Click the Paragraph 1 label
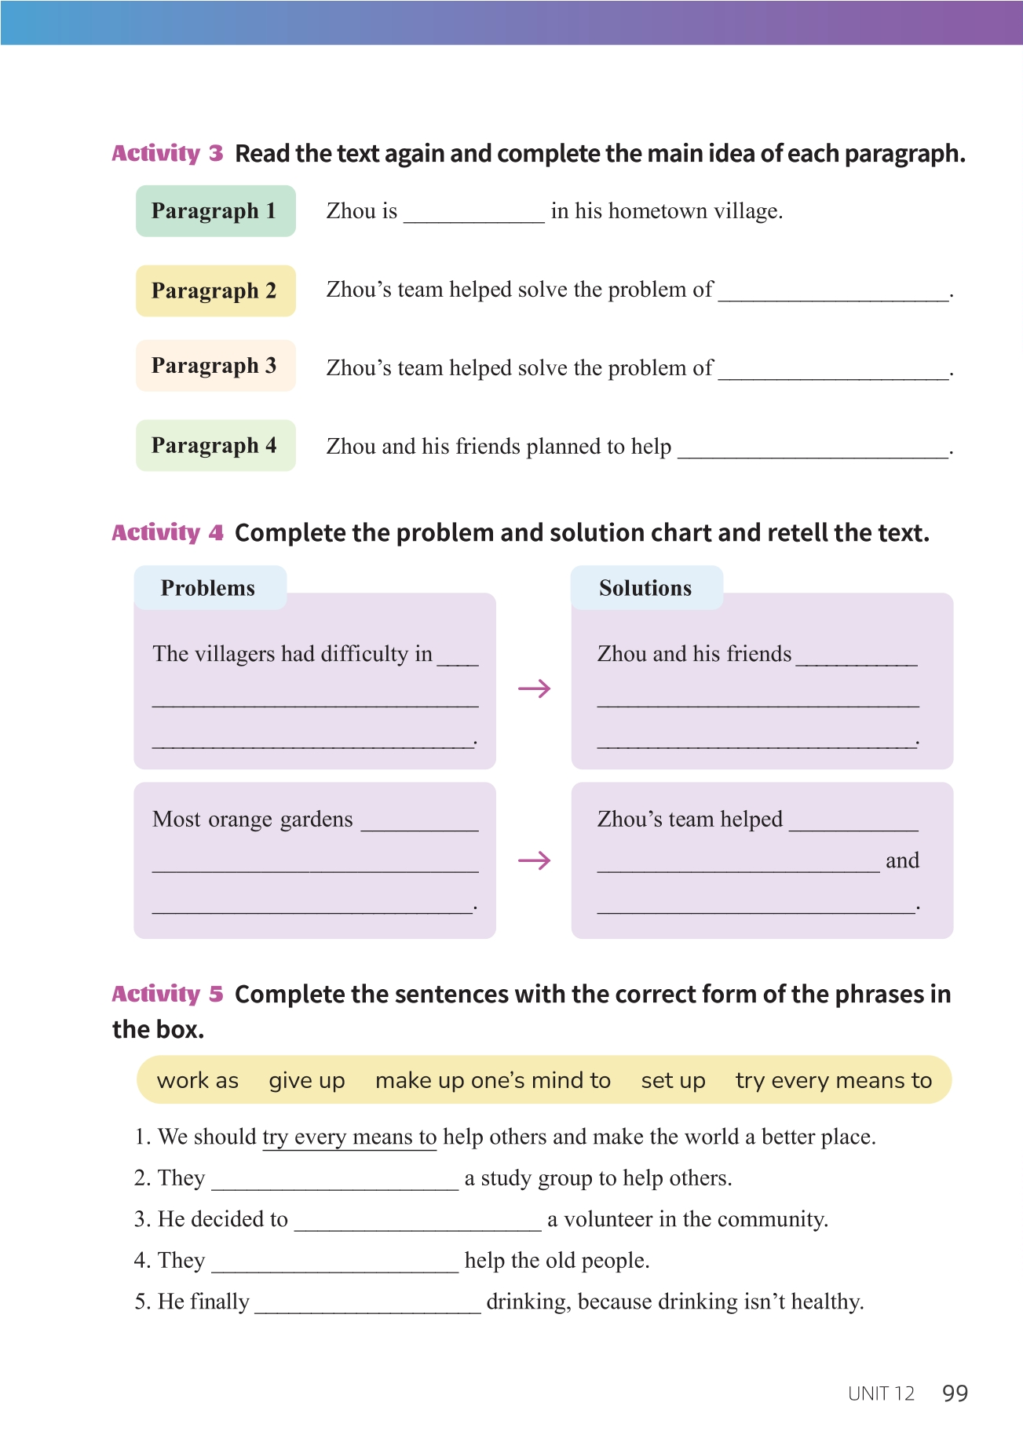click(x=215, y=211)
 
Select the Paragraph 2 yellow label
click(x=215, y=290)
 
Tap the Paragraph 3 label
click(x=215, y=366)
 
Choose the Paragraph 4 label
click(x=215, y=446)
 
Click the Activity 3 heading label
click(x=167, y=153)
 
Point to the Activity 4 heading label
click(x=167, y=533)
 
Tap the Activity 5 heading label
click(x=167, y=995)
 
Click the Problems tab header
click(x=209, y=588)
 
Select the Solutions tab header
click(x=645, y=588)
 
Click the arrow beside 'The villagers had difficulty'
click(x=534, y=689)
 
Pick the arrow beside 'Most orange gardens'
click(x=534, y=861)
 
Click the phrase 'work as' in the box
click(x=198, y=1081)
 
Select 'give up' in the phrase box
click(x=307, y=1081)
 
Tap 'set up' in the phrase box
click(x=673, y=1081)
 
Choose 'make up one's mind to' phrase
click(x=493, y=1081)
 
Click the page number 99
click(x=955, y=1393)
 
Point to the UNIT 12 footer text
click(x=881, y=1393)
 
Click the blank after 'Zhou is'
click(x=473, y=214)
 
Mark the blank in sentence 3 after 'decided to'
click(x=417, y=1221)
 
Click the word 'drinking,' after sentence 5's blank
click(x=528, y=1302)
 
